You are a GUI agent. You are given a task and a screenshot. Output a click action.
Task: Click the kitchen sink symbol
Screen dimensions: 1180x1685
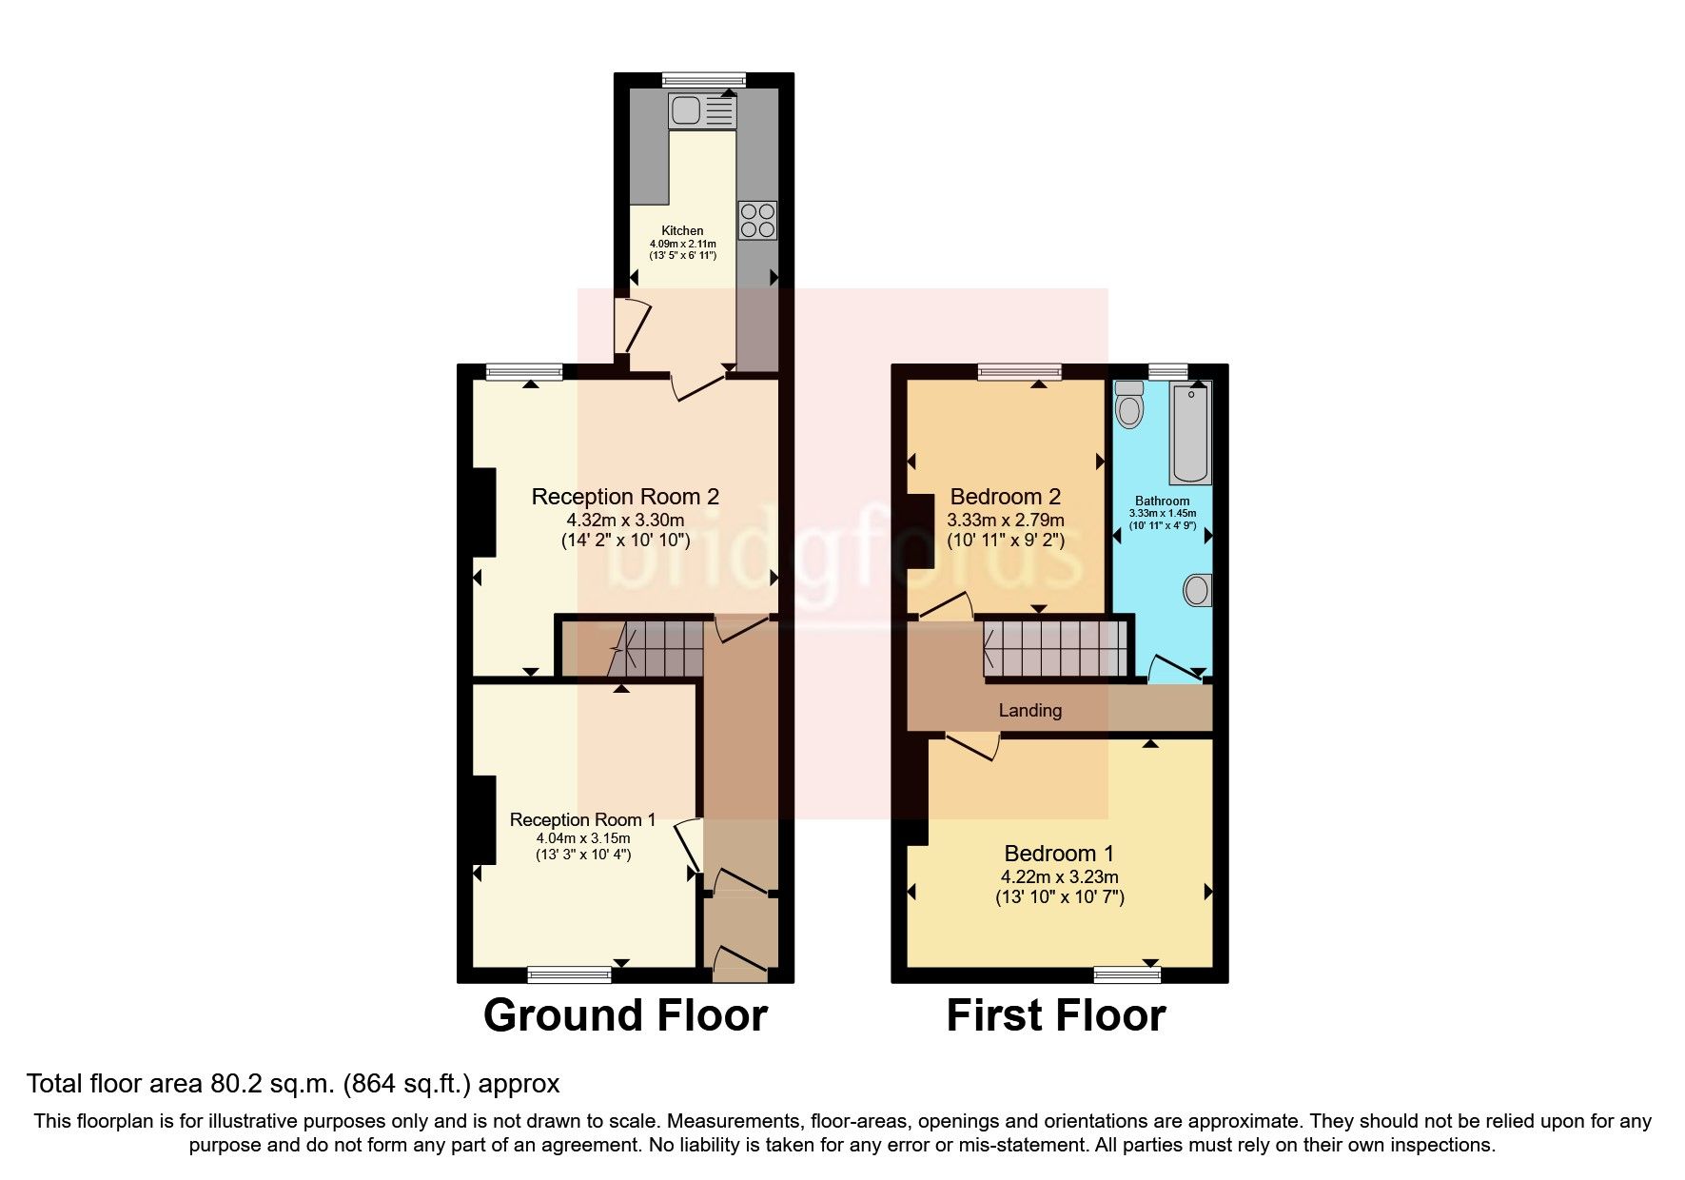701,111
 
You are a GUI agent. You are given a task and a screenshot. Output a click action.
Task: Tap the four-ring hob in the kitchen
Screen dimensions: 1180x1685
757,220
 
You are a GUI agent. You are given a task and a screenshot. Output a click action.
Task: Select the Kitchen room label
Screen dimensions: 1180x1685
682,231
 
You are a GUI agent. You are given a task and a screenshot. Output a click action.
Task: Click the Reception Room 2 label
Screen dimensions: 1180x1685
625,497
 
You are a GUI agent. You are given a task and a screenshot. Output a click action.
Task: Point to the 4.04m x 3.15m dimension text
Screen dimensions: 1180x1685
582,838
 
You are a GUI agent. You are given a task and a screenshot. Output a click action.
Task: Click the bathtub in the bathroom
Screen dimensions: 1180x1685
1190,433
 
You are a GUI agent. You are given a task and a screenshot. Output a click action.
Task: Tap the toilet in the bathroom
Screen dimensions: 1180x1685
1129,404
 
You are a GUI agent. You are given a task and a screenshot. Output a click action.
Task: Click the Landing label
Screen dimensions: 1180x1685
1029,711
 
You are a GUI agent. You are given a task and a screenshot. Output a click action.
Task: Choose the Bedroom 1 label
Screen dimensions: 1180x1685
1059,854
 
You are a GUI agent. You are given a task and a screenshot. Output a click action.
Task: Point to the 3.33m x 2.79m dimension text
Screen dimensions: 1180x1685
1005,521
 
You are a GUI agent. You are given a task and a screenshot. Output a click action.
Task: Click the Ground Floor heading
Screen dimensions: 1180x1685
625,1015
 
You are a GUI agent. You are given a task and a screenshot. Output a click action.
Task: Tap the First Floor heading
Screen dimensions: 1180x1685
1055,1015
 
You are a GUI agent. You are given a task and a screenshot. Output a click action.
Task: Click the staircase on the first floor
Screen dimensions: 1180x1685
1054,649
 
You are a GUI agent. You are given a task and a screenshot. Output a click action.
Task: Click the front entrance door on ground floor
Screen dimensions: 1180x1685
740,963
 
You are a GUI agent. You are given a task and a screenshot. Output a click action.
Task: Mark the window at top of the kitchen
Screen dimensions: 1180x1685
704,80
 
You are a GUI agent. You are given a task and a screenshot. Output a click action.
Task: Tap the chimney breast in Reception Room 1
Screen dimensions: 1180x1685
484,819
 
